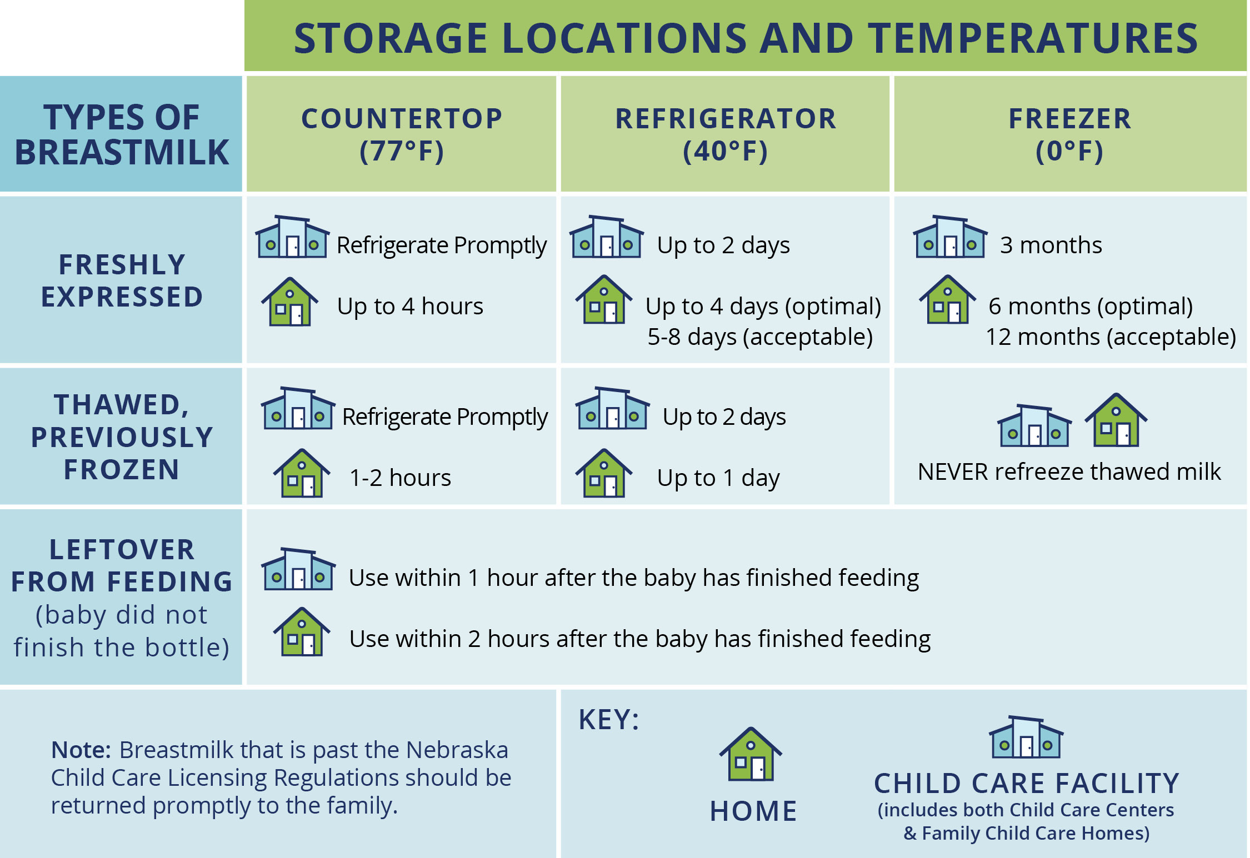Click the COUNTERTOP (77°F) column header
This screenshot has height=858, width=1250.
click(402, 134)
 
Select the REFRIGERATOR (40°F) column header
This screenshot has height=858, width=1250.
click(726, 134)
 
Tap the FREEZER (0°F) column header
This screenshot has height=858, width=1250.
click(1070, 134)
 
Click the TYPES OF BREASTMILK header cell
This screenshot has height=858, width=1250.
click(122, 134)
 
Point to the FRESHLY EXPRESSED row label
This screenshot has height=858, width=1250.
click(122, 280)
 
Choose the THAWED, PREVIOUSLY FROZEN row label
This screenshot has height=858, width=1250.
click(122, 436)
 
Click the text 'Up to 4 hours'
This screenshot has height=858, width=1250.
click(410, 306)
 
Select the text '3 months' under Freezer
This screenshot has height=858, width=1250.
click(1051, 245)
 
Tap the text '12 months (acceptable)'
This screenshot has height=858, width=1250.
click(1111, 337)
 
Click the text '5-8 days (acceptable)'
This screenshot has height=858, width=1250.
click(760, 337)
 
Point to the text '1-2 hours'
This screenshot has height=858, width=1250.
click(400, 478)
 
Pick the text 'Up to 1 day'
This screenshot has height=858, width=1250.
click(718, 478)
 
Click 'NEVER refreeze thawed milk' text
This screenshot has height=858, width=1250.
click(1069, 471)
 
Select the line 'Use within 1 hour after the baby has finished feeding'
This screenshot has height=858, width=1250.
click(634, 578)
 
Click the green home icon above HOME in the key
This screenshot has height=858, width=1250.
click(751, 754)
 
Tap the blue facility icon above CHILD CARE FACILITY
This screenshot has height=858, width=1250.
click(1026, 737)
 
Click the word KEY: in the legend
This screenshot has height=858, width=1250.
click(609, 720)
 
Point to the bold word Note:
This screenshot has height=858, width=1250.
click(82, 750)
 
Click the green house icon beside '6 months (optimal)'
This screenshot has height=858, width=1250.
click(948, 299)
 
